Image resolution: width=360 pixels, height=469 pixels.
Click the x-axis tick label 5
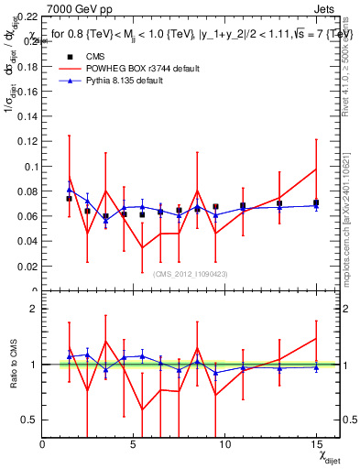(x=134, y=444)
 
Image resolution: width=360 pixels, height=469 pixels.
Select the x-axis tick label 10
(x=224, y=444)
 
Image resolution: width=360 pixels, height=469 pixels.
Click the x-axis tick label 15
(x=315, y=444)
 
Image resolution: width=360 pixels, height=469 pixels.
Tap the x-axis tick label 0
(x=43, y=444)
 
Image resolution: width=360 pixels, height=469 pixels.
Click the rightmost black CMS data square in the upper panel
(x=315, y=203)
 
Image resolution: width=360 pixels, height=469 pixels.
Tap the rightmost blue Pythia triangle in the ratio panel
(x=315, y=367)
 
